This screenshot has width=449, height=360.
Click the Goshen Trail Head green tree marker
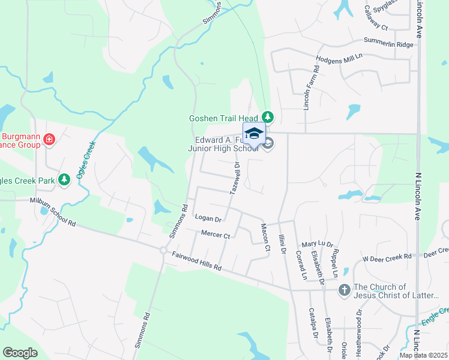pyautogui.click(x=269, y=117)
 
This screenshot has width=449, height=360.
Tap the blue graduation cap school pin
pyautogui.click(x=254, y=133)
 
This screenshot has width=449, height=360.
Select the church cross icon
pyautogui.click(x=345, y=290)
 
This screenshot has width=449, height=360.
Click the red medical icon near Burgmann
pyautogui.click(x=49, y=141)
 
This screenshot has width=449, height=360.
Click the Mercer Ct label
pyautogui.click(x=216, y=235)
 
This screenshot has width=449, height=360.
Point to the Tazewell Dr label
pyautogui.click(x=235, y=178)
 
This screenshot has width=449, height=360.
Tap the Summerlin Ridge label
pyautogui.click(x=388, y=42)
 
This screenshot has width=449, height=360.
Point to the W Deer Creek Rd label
pyautogui.click(x=387, y=257)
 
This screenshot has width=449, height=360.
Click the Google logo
pyautogui.click(x=20, y=353)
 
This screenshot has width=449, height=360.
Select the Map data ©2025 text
pyautogui.click(x=423, y=355)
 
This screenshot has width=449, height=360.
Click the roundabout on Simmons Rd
pyautogui.click(x=163, y=250)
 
